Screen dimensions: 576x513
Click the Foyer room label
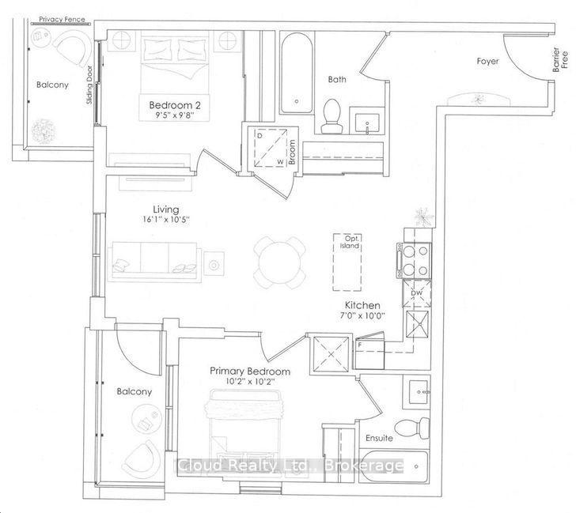tap(487, 62)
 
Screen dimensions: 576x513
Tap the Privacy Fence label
tap(62, 19)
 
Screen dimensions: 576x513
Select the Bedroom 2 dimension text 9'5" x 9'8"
tap(175, 115)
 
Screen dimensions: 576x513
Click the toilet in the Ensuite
tap(412, 428)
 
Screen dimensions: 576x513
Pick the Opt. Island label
tap(350, 242)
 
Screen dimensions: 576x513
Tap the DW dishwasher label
tap(417, 293)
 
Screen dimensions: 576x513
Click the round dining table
tap(279, 262)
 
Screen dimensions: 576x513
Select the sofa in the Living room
tap(154, 262)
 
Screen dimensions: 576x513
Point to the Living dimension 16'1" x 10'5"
tap(166, 221)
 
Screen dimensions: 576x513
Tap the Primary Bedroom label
tap(250, 372)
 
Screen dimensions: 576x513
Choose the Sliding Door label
tap(89, 85)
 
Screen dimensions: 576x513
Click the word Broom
tap(292, 152)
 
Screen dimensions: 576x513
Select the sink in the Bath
tap(366, 120)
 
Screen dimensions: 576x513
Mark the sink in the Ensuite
tap(417, 392)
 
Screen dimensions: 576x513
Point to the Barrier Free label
tap(560, 59)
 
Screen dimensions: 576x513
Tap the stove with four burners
tap(414, 261)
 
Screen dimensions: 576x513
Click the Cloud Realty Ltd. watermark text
tap(290, 466)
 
